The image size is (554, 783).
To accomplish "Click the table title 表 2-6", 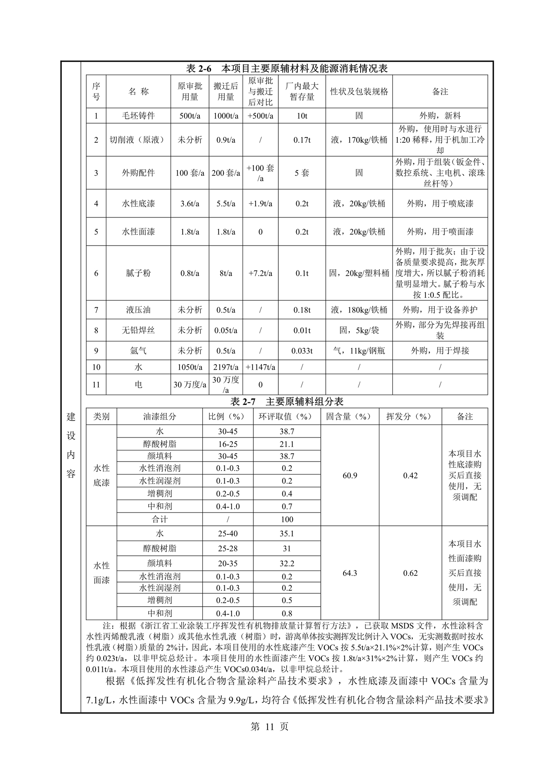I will tap(286, 68).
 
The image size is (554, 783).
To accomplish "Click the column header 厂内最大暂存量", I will tap(302, 92).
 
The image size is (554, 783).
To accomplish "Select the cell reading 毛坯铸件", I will tap(138, 116).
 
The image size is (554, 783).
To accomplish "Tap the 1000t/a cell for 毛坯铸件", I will tap(226, 116).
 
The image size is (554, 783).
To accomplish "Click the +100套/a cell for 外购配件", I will tap(260, 173).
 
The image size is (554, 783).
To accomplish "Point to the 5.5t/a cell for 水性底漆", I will tap(226, 204).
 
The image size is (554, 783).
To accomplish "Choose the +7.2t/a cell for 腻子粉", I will tap(260, 273).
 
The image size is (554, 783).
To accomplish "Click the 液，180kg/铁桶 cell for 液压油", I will tap(359, 310).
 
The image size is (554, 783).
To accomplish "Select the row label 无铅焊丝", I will tap(138, 330).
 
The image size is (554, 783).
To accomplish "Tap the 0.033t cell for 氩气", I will tap(302, 350).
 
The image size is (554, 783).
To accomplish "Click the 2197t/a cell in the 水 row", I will tap(226, 367).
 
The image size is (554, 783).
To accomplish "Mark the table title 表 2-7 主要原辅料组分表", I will tap(286, 401).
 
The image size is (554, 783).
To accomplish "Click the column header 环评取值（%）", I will tap(287, 416).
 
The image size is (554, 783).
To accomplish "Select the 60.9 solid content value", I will tap(350, 475).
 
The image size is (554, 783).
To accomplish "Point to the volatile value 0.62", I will tap(410, 573).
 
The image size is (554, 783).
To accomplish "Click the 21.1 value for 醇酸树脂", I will tap(287, 444).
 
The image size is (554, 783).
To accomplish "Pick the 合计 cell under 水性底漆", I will tap(159, 519).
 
